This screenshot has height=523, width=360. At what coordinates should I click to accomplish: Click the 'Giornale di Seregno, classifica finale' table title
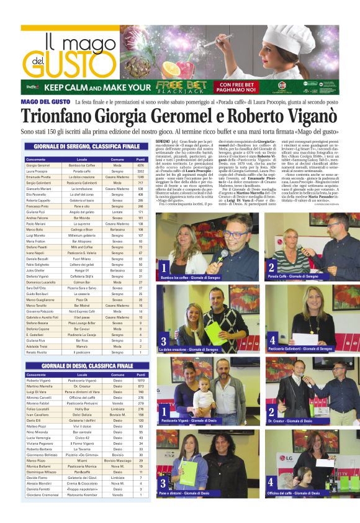[x=86, y=146]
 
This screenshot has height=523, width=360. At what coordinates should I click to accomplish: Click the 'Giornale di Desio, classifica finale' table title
[x=86, y=366]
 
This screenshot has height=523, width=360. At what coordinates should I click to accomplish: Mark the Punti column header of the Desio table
[x=140, y=375]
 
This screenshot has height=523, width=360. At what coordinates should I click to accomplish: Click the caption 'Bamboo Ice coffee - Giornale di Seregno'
[x=190, y=277]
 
